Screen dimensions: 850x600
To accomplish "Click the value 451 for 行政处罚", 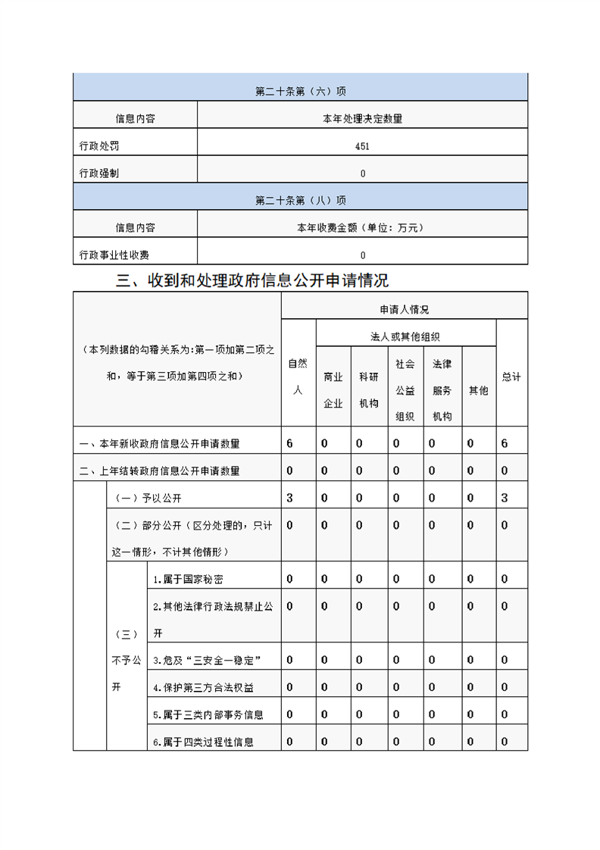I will point(362,146).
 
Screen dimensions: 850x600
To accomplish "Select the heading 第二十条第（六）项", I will point(301,92).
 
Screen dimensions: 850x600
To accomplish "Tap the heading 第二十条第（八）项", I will point(301,201).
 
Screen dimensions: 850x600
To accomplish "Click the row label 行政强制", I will point(99,173).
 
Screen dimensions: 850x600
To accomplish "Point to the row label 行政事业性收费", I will point(114,255).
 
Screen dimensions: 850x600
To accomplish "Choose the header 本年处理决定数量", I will point(362,119).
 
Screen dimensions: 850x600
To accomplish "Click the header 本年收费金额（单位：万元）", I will point(362,227).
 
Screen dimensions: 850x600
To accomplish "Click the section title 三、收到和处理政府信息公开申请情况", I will point(252,280).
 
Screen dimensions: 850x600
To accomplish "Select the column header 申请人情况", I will point(405,309).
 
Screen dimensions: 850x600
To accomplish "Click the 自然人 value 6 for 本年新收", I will point(290,443).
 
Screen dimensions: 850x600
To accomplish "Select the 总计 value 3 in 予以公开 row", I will point(505,498).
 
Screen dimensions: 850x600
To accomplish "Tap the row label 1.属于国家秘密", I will point(188,580).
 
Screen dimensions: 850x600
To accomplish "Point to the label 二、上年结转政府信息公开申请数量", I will point(160,471).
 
